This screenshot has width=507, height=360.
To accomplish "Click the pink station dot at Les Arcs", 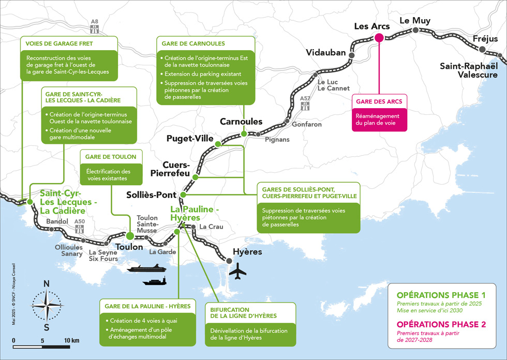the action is coord(379,38).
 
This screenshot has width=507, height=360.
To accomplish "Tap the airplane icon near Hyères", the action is coord(237,271).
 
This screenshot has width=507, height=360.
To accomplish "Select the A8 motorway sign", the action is coord(94,26).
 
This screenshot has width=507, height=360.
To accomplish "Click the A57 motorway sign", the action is coord(305,103).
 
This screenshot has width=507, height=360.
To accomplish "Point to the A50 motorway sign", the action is coord(80,226).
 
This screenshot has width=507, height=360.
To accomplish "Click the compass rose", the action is coord(47,305).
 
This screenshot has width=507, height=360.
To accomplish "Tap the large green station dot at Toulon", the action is coord(130,236).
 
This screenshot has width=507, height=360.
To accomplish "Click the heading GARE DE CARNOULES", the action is coord(193,43).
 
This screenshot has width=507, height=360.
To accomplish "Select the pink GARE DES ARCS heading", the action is coord(379,101).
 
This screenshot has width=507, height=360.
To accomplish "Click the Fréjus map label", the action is coord(485,39).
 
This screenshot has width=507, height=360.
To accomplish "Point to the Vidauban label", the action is coord(325,52).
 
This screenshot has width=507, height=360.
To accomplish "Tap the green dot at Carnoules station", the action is coord(244,134).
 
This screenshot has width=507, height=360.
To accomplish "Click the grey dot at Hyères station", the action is coord(229,261).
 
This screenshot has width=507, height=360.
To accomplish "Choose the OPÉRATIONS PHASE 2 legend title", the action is coord(441,324).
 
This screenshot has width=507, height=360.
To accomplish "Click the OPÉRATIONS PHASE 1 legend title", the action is coord(441,295).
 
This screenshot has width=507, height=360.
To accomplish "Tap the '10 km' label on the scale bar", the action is coord(71,340).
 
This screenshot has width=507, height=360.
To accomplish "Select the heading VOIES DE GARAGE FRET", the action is coord(59,43).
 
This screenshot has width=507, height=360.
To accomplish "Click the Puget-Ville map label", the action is coord(190,138).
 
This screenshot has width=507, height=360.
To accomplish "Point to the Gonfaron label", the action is coord(306,125).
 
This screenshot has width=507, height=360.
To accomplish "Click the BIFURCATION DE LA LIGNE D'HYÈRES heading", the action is coord(244,313).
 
